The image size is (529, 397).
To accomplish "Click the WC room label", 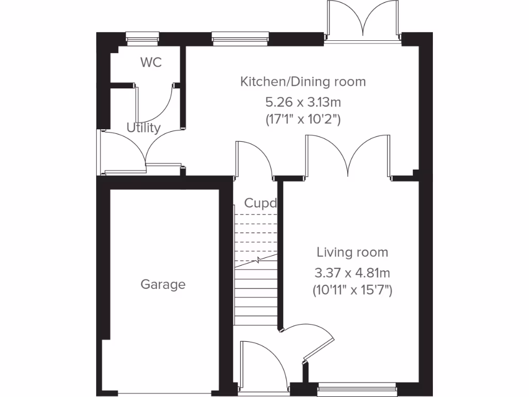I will (x=151, y=63).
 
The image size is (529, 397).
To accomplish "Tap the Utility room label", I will (x=144, y=128).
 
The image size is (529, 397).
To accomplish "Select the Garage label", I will (x=163, y=284).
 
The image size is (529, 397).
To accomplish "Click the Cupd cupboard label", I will (x=260, y=203).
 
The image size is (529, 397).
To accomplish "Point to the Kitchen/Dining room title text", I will (x=303, y=82).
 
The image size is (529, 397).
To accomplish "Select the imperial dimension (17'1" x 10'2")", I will (x=303, y=119).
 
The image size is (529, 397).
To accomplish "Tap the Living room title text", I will (x=352, y=252).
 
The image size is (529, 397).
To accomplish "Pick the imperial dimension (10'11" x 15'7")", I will (x=352, y=291).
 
